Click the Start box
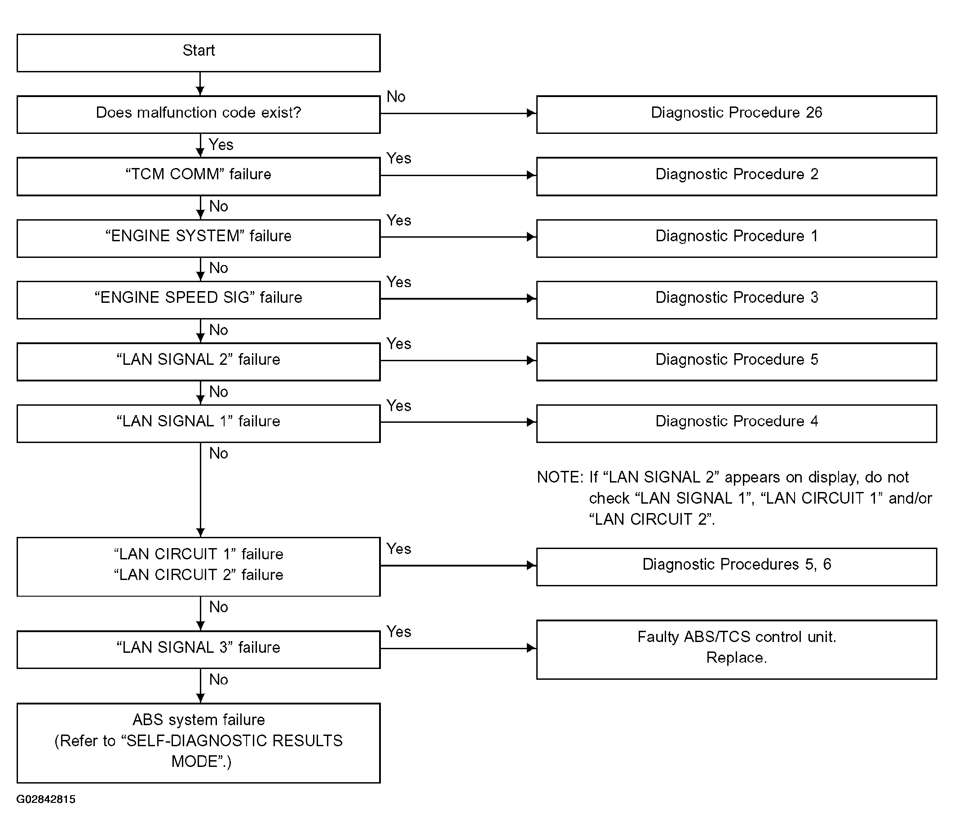(199, 53)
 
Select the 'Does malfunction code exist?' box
(199, 115)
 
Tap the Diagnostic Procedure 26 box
(737, 115)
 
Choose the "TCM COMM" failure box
(199, 176)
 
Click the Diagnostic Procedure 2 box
(737, 176)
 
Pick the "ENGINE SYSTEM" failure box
(199, 238)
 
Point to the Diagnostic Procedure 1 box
(737, 238)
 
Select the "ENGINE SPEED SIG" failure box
(199, 300)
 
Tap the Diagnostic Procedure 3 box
(737, 300)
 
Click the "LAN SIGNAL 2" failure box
(199, 362)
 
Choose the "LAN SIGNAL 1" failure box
(199, 423)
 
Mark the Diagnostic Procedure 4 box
(737, 423)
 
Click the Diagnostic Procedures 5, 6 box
(737, 567)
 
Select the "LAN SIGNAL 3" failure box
(199, 649)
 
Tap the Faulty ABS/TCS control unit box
(737, 649)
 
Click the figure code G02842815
(46, 799)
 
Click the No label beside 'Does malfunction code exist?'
(396, 97)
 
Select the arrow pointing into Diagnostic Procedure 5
(458, 360)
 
